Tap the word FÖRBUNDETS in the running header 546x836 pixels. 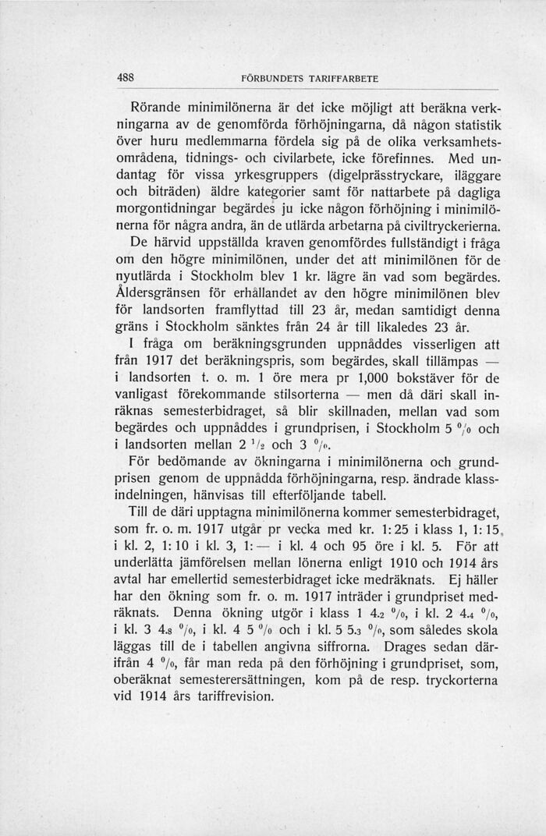click(270, 80)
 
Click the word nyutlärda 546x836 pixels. click(144, 279)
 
